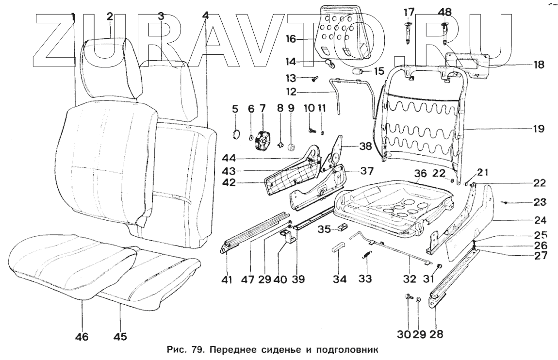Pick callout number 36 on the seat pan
tap(420, 173)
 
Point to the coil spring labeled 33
tap(367, 256)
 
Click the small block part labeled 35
tap(342, 227)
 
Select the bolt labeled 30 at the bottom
tap(407, 297)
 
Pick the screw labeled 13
tap(314, 78)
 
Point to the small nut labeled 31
tap(439, 266)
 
